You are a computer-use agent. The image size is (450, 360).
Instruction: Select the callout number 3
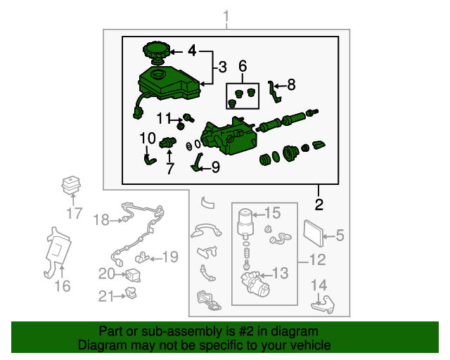click(222, 67)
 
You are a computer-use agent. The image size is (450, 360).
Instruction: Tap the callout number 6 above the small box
click(243, 65)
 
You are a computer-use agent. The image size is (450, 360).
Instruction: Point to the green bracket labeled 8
click(274, 92)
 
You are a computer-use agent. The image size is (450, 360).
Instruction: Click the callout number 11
click(164, 118)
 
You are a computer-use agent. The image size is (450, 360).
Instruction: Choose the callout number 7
click(170, 168)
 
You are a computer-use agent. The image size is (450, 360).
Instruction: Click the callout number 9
click(216, 167)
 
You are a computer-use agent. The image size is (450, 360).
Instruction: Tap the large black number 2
click(319, 205)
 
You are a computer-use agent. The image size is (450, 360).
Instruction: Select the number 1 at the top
click(226, 16)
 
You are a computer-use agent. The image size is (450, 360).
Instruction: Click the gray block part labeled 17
click(71, 185)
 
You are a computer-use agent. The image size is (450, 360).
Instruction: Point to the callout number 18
click(101, 220)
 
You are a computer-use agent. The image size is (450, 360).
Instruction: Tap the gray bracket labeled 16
click(58, 251)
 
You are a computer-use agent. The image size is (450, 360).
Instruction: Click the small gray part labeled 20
click(134, 275)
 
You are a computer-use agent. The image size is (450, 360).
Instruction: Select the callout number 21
click(106, 296)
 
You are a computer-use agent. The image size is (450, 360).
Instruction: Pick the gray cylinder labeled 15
click(245, 221)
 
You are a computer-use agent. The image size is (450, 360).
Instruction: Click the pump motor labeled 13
click(255, 283)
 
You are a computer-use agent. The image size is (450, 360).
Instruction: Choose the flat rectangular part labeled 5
click(314, 233)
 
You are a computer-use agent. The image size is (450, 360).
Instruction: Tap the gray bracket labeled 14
click(323, 305)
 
